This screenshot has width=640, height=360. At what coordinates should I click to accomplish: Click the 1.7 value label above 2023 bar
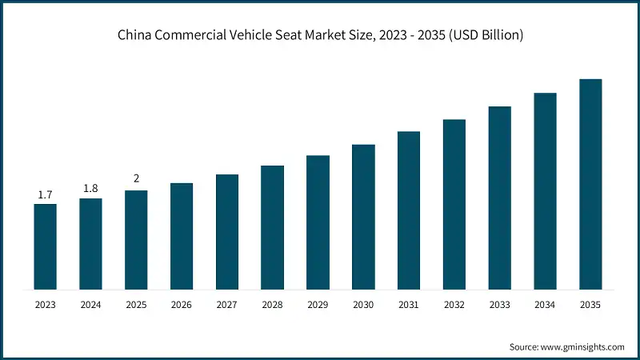pos(46,195)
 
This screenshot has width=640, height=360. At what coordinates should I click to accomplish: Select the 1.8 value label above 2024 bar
pos(91,189)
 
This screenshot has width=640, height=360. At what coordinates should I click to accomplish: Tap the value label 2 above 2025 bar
pos(136,178)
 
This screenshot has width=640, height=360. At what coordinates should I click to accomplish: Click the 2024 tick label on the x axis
pos(91,305)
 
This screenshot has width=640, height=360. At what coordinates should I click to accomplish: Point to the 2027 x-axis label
pos(227,305)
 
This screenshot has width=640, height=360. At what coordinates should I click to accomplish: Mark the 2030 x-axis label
pos(363,305)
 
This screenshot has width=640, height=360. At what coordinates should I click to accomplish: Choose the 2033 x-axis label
pos(500,305)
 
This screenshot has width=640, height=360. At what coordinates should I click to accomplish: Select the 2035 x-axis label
pos(590,305)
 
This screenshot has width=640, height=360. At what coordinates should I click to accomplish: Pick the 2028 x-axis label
pos(273,305)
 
